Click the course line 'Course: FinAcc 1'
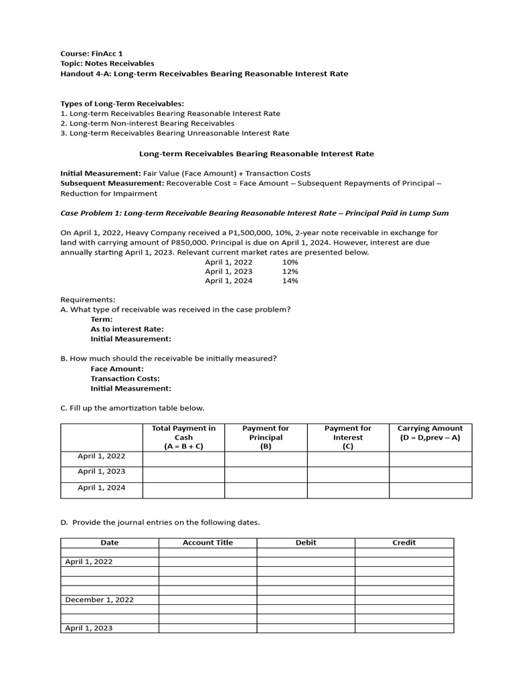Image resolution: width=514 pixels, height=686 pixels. (x=92, y=54)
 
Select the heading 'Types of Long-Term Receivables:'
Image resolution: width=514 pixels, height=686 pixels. (x=122, y=104)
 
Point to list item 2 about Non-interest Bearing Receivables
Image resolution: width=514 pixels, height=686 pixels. (x=147, y=123)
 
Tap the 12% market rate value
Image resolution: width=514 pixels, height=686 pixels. (x=290, y=271)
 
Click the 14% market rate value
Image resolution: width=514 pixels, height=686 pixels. (x=290, y=281)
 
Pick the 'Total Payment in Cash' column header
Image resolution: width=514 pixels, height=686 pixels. (x=183, y=437)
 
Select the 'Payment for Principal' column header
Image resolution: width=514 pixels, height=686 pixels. (x=266, y=437)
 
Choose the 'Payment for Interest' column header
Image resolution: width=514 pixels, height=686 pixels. (x=347, y=437)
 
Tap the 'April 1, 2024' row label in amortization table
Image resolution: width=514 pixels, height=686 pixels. (x=101, y=488)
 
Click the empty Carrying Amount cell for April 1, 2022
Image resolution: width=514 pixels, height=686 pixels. (x=430, y=459)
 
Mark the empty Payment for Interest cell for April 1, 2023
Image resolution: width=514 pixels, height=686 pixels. (x=347, y=474)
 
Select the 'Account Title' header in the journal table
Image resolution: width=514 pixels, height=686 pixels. (x=207, y=543)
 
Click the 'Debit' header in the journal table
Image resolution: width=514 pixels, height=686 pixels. (x=306, y=543)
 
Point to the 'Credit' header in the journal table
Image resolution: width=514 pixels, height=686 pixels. (x=404, y=543)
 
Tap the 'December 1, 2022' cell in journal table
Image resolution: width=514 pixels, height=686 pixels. (x=99, y=600)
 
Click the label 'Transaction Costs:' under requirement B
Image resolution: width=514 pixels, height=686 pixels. (x=125, y=379)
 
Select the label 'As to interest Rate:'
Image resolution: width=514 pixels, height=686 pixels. (x=127, y=329)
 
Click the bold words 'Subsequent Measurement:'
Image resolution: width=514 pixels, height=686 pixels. (x=112, y=183)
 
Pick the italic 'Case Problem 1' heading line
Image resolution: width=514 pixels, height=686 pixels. (x=254, y=213)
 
